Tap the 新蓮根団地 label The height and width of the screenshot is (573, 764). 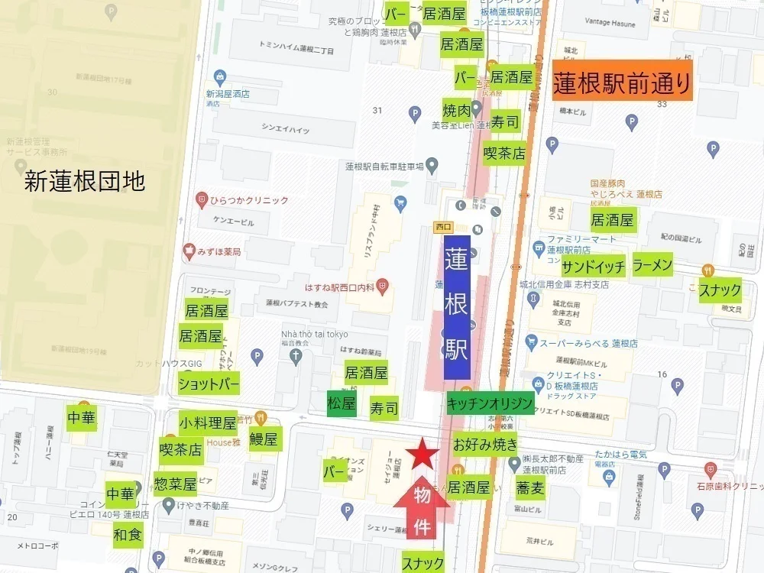coord(84,181)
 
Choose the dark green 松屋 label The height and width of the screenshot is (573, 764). coord(341,403)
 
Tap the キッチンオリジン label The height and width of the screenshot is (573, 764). coord(490,403)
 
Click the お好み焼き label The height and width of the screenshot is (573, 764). coord(485,443)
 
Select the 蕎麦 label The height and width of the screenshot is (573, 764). coord(529,487)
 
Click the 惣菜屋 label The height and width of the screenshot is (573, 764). coord(175,484)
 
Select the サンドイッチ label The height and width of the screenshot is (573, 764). coord(594,267)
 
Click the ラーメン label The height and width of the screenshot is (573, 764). coord(652,265)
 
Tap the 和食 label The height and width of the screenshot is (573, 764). coord(128,533)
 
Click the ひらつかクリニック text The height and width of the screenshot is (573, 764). coord(249,200)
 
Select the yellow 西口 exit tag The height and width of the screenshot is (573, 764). coord(443,226)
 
